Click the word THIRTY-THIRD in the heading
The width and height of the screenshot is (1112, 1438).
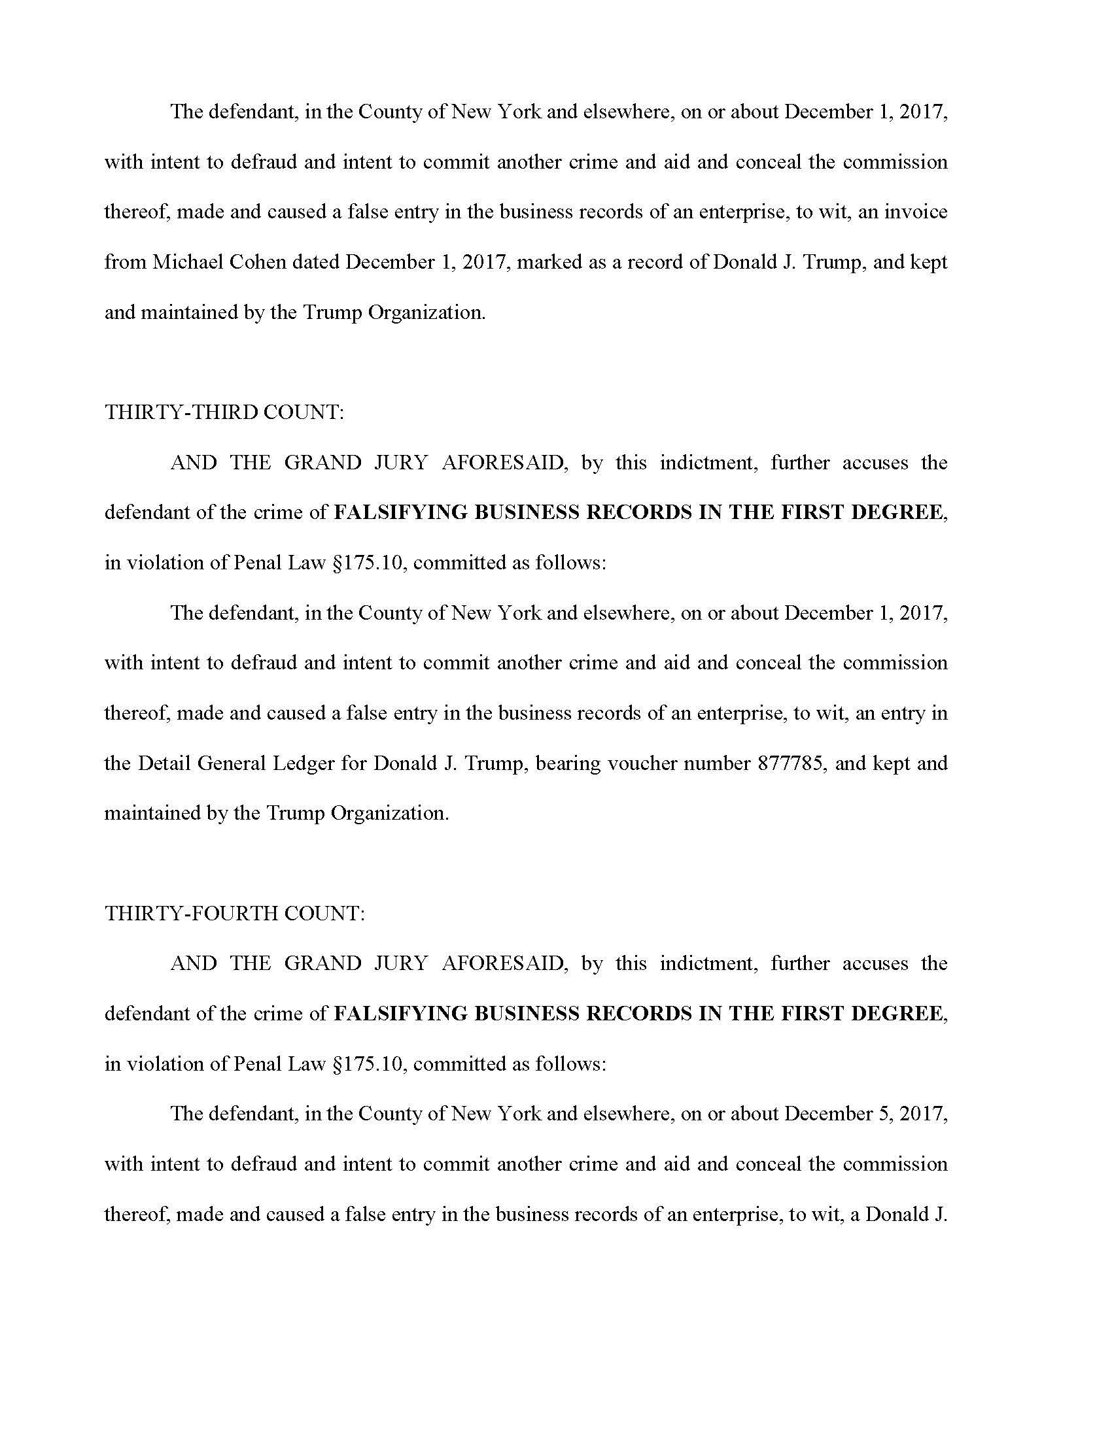pyautogui.click(x=181, y=412)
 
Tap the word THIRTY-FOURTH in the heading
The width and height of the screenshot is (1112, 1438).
pyautogui.click(x=191, y=913)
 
